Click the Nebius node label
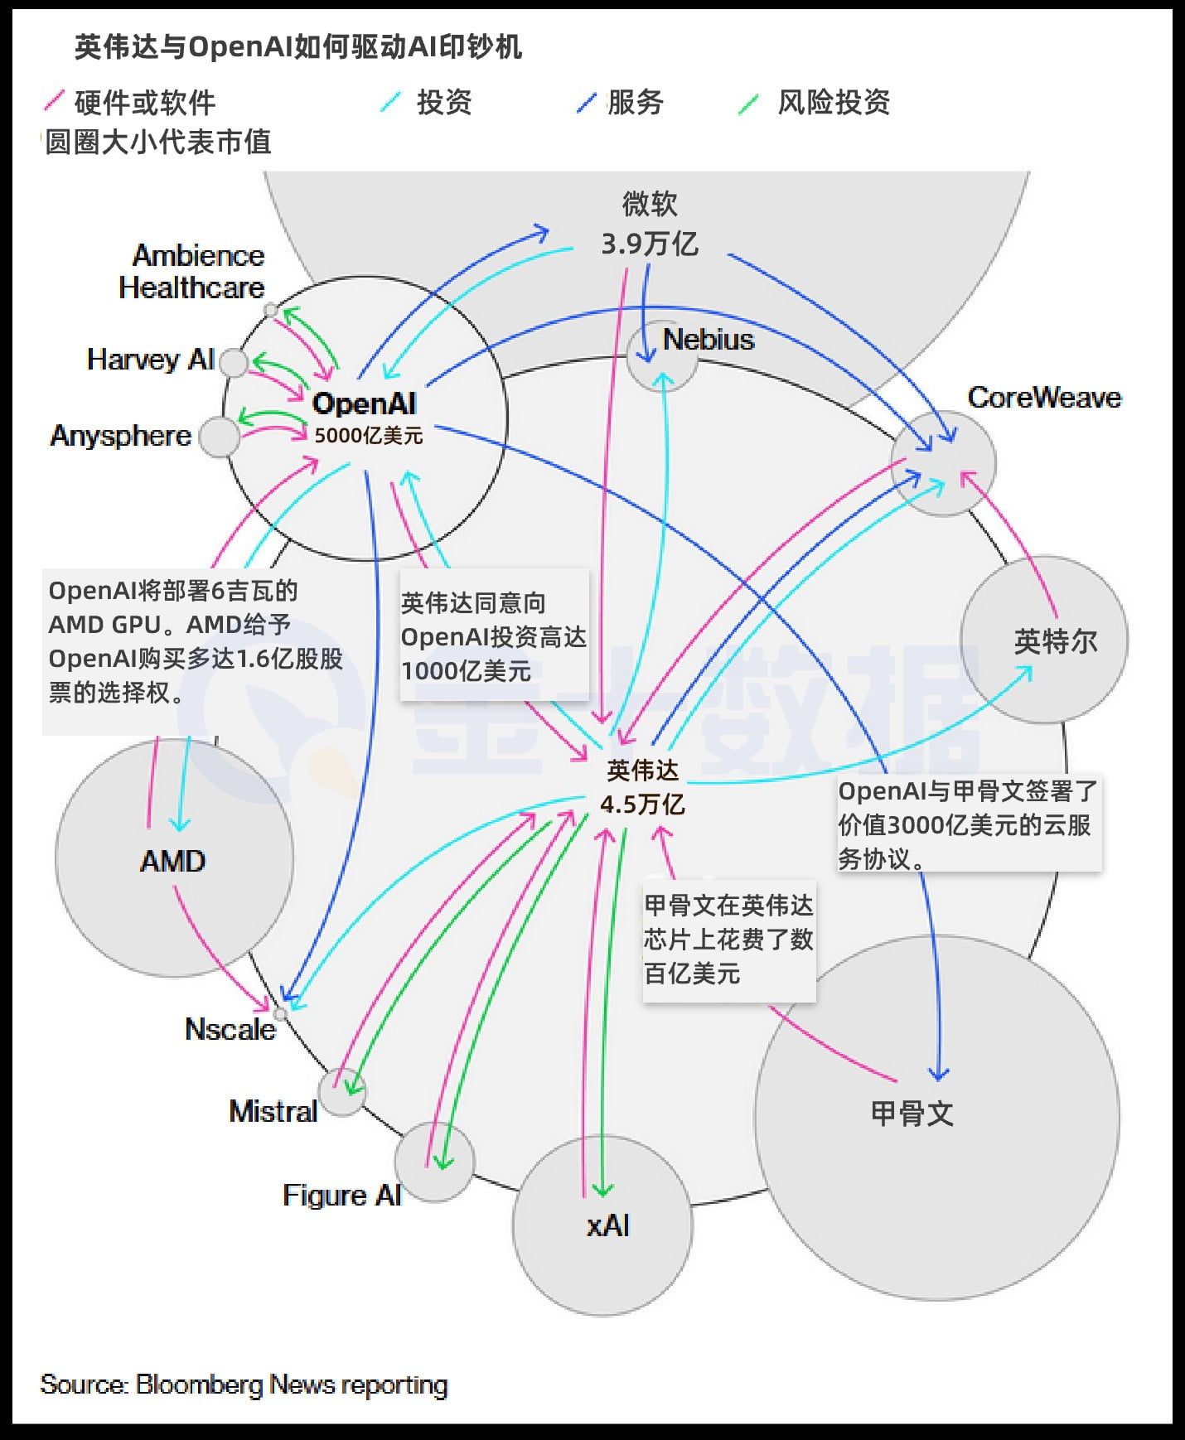(708, 340)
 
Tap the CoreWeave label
(1043, 398)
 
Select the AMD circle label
(172, 861)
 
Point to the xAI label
(607, 1225)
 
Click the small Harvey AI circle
(234, 362)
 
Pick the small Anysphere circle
(220, 437)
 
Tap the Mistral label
(273, 1111)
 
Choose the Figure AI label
(341, 1195)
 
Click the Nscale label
(230, 1029)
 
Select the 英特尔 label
(1055, 641)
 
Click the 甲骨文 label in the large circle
(912, 1113)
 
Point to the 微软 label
(650, 204)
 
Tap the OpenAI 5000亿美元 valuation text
(368, 436)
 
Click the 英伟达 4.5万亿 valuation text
(642, 804)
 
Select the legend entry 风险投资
(833, 103)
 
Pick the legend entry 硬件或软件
(144, 103)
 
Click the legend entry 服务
(635, 103)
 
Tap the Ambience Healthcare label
(191, 271)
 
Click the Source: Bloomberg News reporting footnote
(244, 1384)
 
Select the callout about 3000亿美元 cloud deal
(967, 824)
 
